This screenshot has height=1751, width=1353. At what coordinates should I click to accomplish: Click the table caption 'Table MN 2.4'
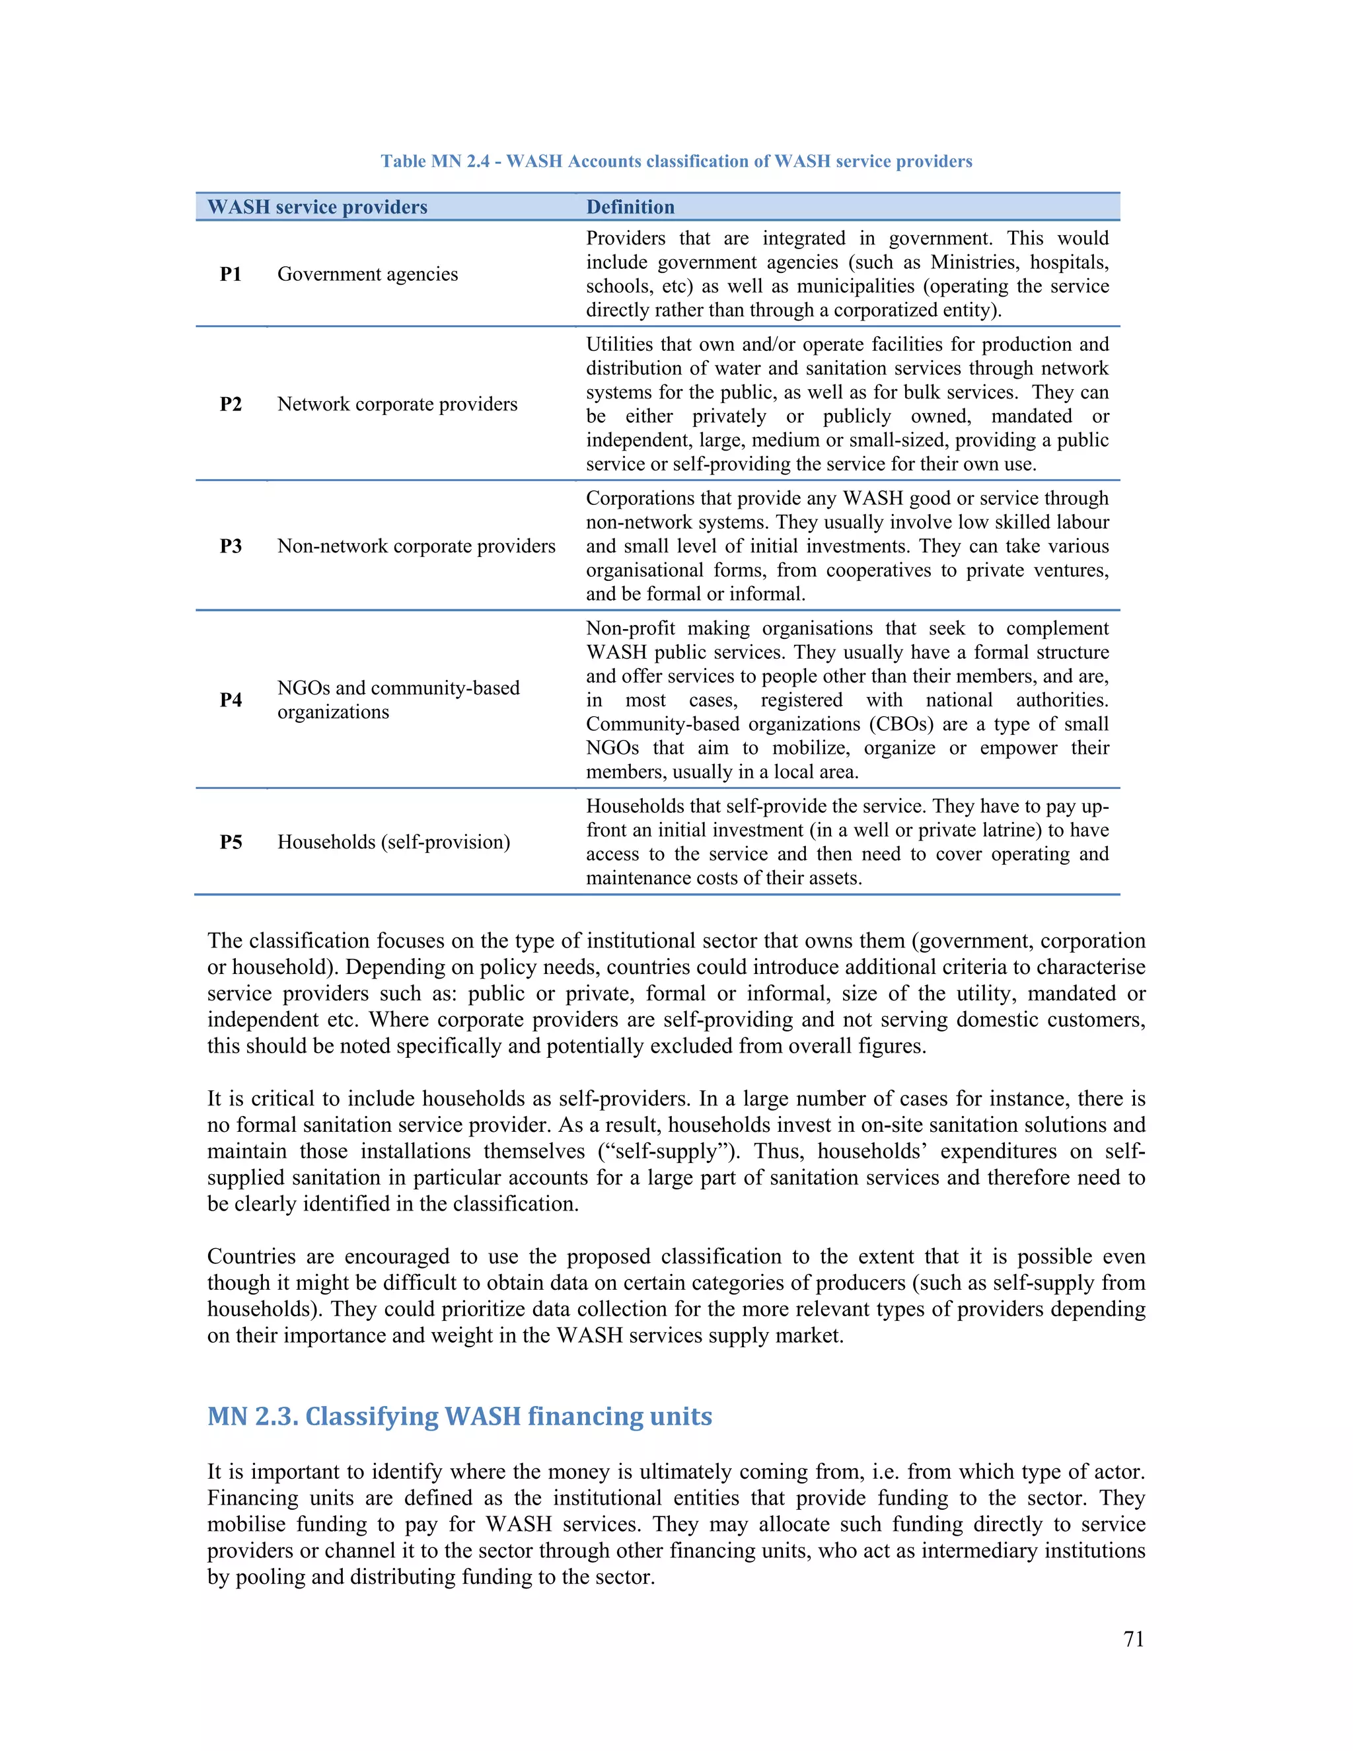point(676,161)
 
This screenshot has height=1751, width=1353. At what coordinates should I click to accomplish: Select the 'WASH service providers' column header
point(317,207)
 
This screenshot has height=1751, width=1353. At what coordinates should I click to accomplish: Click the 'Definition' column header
point(630,207)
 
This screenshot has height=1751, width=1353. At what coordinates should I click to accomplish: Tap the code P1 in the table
point(231,274)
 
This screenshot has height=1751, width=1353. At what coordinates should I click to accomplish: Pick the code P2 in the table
point(231,404)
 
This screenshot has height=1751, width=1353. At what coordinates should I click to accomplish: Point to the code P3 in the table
point(231,546)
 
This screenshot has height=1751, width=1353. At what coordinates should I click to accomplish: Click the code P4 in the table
point(231,700)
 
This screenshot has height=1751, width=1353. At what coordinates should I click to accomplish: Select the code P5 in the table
point(231,842)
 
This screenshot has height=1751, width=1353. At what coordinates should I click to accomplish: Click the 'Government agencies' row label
point(367,274)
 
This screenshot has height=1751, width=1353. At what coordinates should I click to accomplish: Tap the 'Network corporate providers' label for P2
point(398,404)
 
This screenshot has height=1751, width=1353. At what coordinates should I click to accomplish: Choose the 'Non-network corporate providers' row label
point(416,546)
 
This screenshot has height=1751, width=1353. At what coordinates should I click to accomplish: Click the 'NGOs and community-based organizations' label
point(398,700)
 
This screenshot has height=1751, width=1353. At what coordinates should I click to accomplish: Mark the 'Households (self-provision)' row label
point(394,842)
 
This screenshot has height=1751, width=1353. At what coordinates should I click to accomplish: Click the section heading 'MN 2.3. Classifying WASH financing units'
point(459,1417)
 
